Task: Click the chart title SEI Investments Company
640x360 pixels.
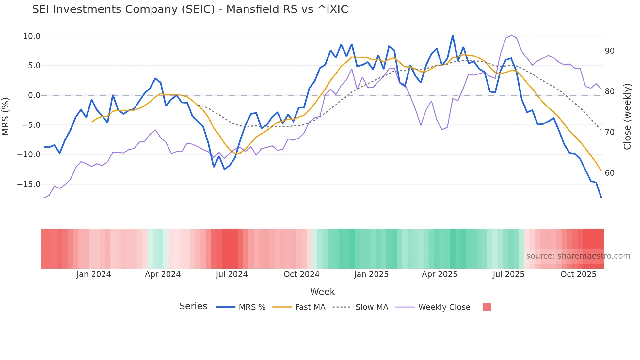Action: point(190,9)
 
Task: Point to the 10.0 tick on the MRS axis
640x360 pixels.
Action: point(32,36)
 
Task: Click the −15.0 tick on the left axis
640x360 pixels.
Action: point(29,184)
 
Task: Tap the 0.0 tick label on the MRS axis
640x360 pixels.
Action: point(34,95)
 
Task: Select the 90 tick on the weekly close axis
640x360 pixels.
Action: point(609,51)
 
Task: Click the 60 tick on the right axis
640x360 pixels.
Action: point(609,173)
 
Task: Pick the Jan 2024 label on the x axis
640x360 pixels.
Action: point(94,274)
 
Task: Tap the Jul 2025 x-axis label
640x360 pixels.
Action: point(508,274)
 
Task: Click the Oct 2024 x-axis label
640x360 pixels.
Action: point(301,274)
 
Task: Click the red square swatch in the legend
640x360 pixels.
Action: point(487,307)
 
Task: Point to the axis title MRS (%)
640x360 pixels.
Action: point(6,117)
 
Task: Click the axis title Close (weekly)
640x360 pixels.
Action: point(627,117)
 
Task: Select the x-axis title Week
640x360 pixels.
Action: point(322,292)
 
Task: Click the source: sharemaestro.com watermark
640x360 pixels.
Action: point(578,256)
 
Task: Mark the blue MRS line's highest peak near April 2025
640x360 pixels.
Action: point(453,36)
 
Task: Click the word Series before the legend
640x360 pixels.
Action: point(193,306)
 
